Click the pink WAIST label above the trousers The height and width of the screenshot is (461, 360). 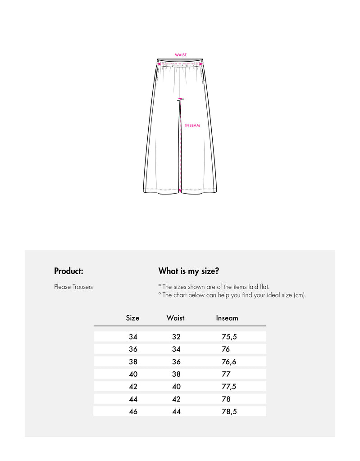pos(181,55)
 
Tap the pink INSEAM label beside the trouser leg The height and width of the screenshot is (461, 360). pos(192,126)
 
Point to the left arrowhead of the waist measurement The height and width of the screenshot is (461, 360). pos(158,65)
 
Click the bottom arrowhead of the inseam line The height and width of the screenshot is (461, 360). pos(180,192)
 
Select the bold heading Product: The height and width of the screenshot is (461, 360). pos(68,271)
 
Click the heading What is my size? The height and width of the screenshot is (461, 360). pos(189,271)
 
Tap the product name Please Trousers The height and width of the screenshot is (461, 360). pos(73,287)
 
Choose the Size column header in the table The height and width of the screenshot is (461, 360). pos(132,318)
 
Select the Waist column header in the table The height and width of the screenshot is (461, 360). pos(175,318)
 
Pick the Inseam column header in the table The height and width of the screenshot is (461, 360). pos(227,318)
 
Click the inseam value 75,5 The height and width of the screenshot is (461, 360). pos(229,337)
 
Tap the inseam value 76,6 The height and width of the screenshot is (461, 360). pos(229,362)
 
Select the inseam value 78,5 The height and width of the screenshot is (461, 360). pos(229,411)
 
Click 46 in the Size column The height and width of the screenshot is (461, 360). pos(133,411)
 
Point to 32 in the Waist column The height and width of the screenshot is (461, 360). pos(176,337)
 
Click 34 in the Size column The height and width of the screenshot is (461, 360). pos(133,337)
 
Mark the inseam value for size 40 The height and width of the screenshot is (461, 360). pos(226,374)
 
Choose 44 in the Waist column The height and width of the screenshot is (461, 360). pos(176,411)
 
